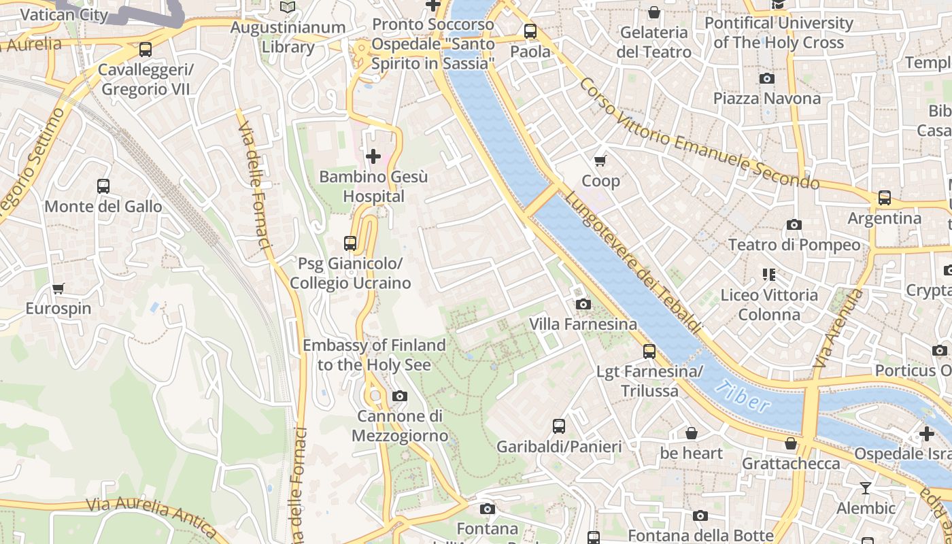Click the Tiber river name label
point(743,397)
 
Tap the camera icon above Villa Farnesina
point(583,304)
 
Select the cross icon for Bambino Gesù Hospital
point(373,157)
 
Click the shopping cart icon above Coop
point(600,160)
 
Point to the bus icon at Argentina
point(884,198)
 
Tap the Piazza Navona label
point(766,99)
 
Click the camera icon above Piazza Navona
point(766,78)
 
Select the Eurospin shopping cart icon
point(58,289)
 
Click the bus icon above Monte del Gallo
point(103,186)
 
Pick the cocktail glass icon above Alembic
point(865,488)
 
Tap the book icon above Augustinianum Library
point(288,7)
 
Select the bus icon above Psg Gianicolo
point(350,243)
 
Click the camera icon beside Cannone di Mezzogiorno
point(400,396)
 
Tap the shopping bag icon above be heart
point(691,433)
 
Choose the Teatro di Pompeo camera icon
point(794,224)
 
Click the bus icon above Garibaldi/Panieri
point(558,426)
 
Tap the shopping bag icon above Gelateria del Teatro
point(653,12)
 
